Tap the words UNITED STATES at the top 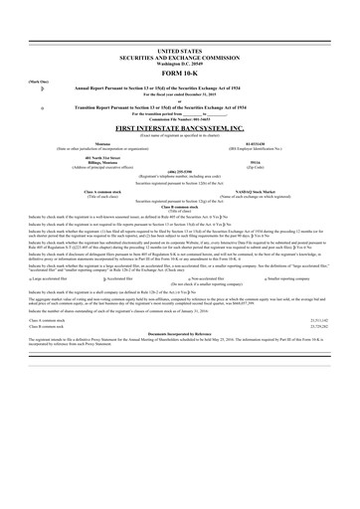(179, 48)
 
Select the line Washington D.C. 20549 (179, 59)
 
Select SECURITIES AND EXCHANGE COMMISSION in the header (179, 53)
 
